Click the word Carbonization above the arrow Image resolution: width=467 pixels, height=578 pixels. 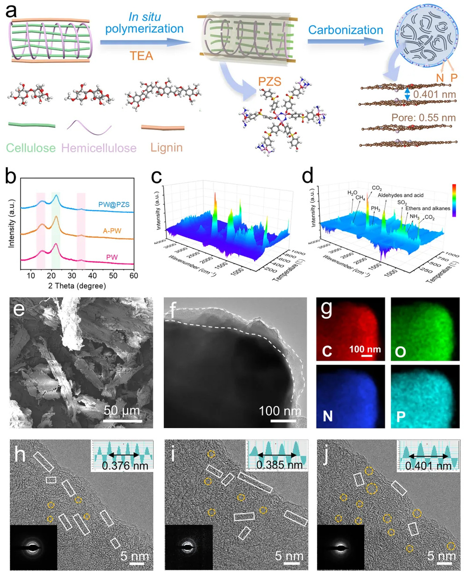tap(345, 30)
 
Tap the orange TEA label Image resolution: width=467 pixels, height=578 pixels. tap(141, 56)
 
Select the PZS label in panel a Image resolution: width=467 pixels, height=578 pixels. tap(270, 82)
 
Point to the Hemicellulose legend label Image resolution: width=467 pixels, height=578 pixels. tap(99, 148)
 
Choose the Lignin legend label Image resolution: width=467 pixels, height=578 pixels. tap(166, 147)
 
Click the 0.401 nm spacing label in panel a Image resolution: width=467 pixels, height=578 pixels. tap(434, 94)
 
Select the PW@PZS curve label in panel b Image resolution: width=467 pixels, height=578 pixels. tap(114, 205)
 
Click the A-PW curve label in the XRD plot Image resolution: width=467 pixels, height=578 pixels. tap(112, 230)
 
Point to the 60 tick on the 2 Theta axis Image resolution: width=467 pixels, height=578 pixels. tap(134, 276)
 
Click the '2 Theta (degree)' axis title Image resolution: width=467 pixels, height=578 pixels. tap(77, 285)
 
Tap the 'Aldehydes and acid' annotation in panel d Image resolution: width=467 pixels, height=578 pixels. tap(401, 195)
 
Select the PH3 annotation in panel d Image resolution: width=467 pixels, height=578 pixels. tap(375, 208)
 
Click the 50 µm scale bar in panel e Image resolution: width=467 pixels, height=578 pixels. tap(122, 420)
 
